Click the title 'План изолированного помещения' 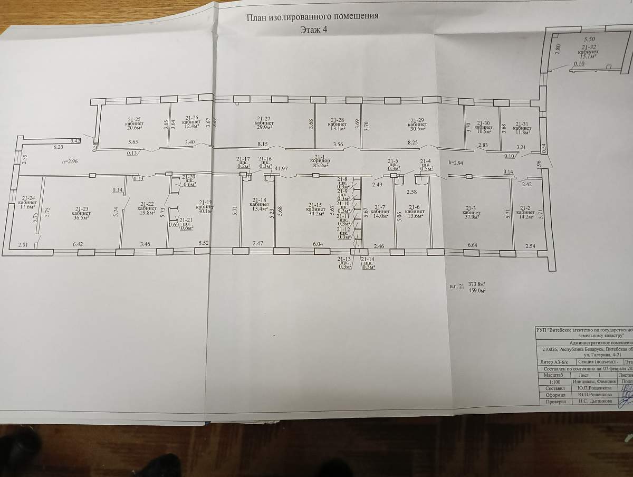[x=313, y=16]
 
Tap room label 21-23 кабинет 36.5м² [x=81, y=212]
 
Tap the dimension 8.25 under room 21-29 [x=413, y=142]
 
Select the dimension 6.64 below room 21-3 [x=472, y=246]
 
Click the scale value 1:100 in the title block [x=555, y=381]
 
